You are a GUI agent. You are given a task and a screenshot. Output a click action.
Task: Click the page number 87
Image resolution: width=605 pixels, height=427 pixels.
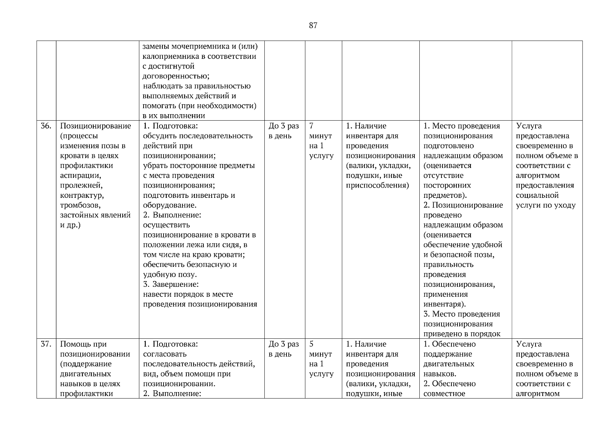[313, 25]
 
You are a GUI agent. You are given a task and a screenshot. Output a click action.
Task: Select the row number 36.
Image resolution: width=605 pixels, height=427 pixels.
[46, 126]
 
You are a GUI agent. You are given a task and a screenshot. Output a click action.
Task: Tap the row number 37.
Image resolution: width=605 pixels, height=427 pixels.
[46, 344]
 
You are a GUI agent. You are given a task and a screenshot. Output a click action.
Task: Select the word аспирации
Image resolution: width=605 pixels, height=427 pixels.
[80, 175]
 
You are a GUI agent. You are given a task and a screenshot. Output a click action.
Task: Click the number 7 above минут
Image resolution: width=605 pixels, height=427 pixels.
[311, 126]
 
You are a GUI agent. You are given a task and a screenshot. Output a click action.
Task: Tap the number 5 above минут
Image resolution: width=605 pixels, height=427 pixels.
[311, 344]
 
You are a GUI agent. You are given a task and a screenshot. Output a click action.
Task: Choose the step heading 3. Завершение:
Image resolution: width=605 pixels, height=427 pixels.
[170, 284]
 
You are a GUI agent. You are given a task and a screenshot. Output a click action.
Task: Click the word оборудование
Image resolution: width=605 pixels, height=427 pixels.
[169, 205]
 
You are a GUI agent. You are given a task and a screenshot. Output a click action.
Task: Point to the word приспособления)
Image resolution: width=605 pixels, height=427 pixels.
[377, 185]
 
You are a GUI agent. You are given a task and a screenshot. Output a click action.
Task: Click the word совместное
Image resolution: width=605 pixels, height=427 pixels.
[444, 394]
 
